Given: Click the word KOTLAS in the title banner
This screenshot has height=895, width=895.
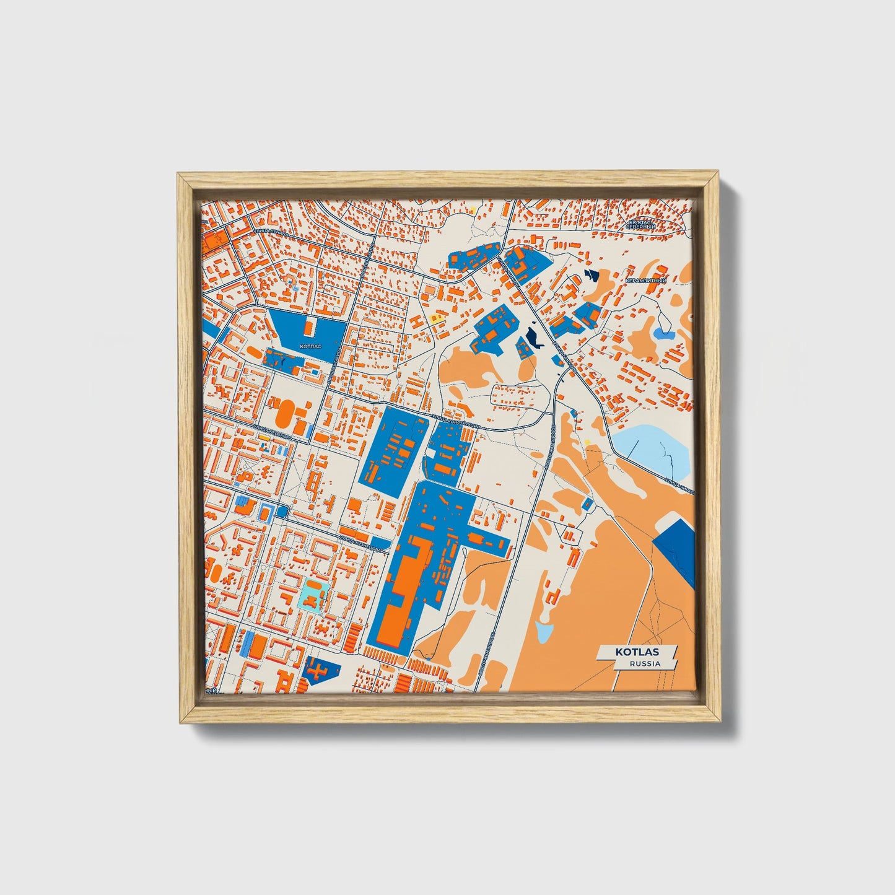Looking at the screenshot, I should [637, 652].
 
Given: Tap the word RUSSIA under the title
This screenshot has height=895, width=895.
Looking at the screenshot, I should [645, 663].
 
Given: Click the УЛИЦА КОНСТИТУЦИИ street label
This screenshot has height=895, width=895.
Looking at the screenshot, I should [455, 423].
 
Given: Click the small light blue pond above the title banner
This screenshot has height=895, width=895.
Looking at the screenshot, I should [544, 632].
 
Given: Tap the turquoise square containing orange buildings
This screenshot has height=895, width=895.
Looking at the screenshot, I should [315, 595].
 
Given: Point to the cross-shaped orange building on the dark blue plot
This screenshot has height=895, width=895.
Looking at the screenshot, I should [317, 670].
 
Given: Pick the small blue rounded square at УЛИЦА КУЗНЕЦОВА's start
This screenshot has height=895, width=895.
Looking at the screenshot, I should [283, 512].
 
